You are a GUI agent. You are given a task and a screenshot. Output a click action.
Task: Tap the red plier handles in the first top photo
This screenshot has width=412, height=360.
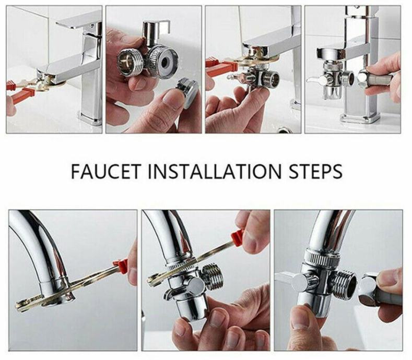coord(19,91)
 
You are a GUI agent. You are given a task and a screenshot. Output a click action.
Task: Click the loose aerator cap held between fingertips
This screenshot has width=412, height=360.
coord(186,92)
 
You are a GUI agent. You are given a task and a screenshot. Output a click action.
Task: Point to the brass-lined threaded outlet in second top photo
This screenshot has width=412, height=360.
coord(130,63)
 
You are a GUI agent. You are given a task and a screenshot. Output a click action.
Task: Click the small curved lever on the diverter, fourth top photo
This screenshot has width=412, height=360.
coord(315,78)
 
